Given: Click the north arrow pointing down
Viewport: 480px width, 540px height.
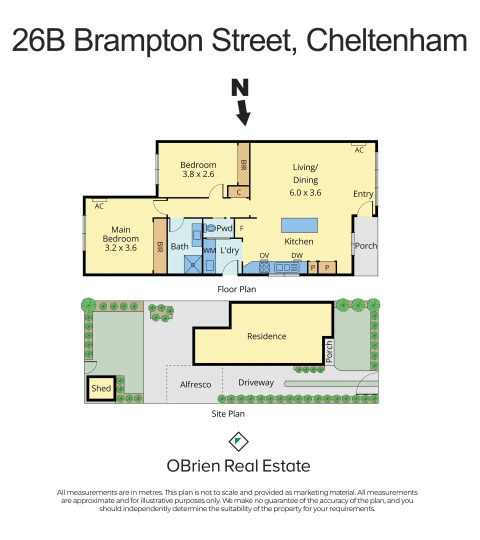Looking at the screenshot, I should click(243, 112).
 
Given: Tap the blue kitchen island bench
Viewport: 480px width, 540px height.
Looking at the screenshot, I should click(299, 225).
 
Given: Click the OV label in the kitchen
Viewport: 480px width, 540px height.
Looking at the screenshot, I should click(264, 255).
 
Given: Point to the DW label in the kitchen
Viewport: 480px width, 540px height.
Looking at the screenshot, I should click(297, 255).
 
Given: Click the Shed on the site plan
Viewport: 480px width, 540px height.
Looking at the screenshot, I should click(101, 388).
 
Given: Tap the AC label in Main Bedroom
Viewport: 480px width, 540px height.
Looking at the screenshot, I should click(99, 206).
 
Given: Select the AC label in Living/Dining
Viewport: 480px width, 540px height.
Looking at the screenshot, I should click(359, 150).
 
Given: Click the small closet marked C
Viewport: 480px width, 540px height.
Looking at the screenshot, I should click(238, 191).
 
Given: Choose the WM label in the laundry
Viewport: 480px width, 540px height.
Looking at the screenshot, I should click(209, 250).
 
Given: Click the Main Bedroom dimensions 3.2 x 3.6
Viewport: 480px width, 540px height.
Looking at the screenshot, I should click(120, 247).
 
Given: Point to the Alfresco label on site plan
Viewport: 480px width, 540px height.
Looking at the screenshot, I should click(195, 384).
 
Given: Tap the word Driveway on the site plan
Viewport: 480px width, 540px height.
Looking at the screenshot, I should click(256, 382).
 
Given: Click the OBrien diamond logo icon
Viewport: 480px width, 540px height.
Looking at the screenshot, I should click(238, 441).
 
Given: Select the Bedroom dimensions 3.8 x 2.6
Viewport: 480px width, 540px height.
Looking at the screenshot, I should click(197, 174).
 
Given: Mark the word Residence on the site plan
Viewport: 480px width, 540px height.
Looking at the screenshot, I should click(266, 336).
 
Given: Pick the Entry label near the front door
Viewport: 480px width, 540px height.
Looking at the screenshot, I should click(363, 194).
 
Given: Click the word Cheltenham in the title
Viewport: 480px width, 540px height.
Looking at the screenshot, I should click(386, 41).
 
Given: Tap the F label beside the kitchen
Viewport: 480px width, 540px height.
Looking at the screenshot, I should click(242, 228).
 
